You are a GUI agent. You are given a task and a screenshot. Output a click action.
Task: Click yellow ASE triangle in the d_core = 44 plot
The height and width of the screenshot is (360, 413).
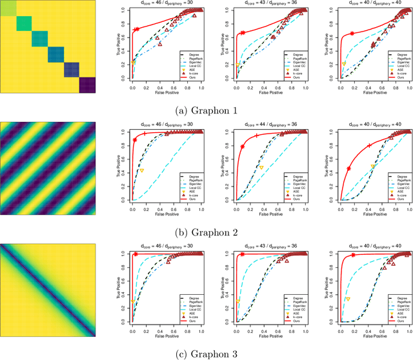[261, 167]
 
